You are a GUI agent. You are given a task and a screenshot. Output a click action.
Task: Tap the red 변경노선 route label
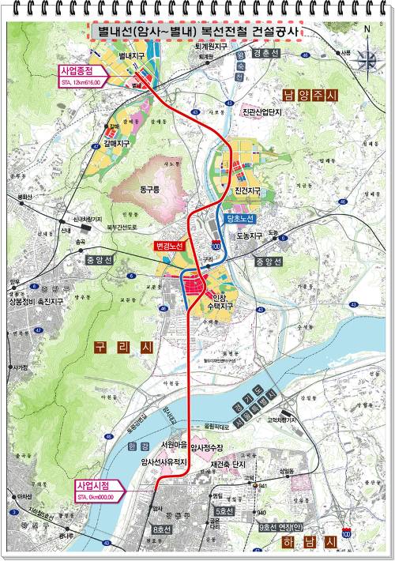point(173,247)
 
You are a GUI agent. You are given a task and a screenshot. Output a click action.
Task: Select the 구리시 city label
point(116,347)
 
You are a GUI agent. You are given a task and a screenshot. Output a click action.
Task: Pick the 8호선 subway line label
point(163,529)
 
